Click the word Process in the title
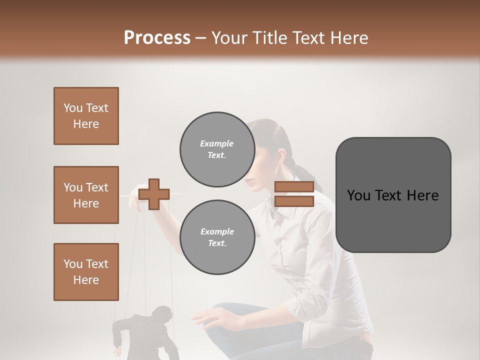coord(157,37)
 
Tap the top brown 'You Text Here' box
coord(86,116)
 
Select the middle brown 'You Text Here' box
coord(86,195)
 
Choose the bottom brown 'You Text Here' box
coord(86,272)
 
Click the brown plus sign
coord(154,194)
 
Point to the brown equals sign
coord(294,194)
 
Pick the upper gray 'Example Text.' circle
coord(217,149)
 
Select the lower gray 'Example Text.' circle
coord(217,237)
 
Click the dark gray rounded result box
coord(393,195)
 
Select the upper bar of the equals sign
coord(294,187)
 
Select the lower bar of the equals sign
coord(294,201)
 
